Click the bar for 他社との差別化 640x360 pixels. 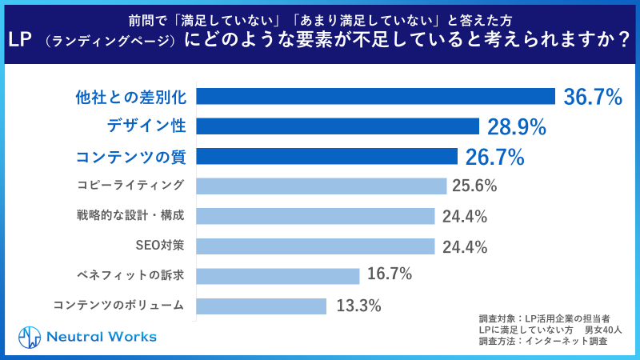tap(375, 97)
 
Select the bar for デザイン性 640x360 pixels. tap(337, 126)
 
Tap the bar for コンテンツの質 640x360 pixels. tap(326, 156)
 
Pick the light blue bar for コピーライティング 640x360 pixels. tap(321, 186)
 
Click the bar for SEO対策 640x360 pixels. tap(315, 246)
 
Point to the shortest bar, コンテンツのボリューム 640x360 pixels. tap(261, 306)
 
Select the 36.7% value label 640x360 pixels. tap(593, 98)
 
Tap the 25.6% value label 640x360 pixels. tap(474, 186)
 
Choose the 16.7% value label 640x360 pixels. tap(390, 275)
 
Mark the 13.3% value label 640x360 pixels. tap(358, 306)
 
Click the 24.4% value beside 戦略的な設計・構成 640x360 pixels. tap(465, 217)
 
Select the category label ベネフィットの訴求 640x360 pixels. tap(132, 275)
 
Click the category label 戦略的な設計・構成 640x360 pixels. tap(130, 216)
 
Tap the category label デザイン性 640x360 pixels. tap(146, 126)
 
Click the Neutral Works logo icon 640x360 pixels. tap(30, 336)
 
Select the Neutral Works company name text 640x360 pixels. tap(100, 336)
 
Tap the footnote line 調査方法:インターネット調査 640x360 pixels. tap(542, 341)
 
